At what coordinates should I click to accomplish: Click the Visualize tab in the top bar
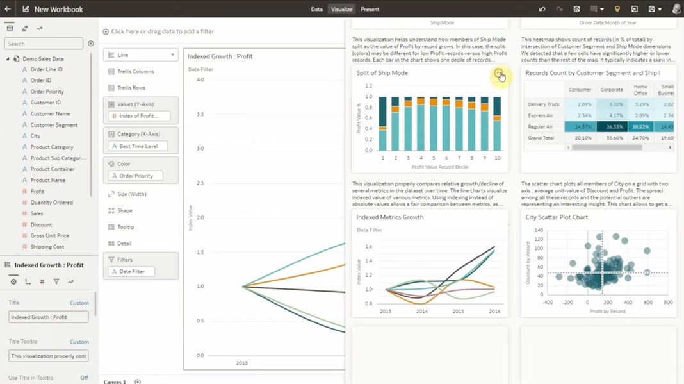click(x=341, y=9)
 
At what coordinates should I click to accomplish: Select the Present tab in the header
click(x=370, y=9)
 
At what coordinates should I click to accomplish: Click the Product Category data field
click(x=52, y=147)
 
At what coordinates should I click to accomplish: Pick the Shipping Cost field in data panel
click(x=47, y=247)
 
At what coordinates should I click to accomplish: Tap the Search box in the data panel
click(x=44, y=44)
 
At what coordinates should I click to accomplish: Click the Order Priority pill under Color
click(x=135, y=176)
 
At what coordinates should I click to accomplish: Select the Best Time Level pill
click(x=138, y=146)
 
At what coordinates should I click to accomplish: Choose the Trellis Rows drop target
click(x=131, y=88)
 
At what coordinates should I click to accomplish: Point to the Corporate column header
click(x=612, y=90)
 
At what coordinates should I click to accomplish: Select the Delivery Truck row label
click(x=543, y=104)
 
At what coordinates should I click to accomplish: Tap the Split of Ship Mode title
click(x=382, y=73)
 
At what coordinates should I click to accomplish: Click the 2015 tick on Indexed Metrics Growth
click(x=458, y=311)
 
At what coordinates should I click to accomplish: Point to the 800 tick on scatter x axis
click(x=667, y=302)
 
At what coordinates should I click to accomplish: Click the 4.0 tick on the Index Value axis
click(x=200, y=80)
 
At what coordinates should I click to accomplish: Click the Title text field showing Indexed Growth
click(x=48, y=317)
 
